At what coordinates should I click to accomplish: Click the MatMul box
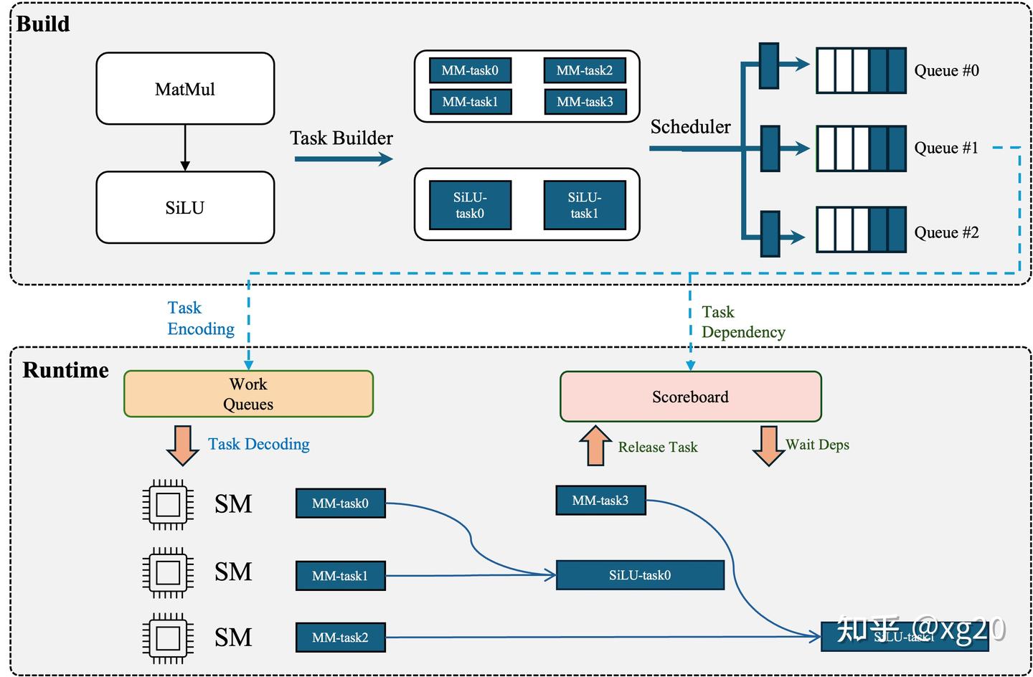click(185, 89)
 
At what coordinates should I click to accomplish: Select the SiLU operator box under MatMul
click(185, 208)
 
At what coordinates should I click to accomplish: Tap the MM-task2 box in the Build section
click(585, 70)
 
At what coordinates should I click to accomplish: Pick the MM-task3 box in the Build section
click(585, 102)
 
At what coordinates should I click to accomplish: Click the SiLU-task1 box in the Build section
click(585, 205)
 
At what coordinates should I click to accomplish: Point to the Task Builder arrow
click(343, 158)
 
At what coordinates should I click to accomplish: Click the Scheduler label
click(690, 127)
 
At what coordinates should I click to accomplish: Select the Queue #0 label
click(946, 70)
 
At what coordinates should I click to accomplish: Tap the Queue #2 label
click(946, 232)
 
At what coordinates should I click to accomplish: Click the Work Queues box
click(248, 394)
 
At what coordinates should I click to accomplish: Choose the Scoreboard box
click(690, 397)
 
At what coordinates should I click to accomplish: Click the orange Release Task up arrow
click(595, 445)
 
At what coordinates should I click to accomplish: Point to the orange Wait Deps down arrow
click(768, 445)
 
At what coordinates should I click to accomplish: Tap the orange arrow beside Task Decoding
click(182, 445)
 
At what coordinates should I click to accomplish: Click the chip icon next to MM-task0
click(168, 504)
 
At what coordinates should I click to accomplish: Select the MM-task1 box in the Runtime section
click(340, 576)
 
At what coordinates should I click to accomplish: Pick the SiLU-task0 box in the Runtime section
click(640, 575)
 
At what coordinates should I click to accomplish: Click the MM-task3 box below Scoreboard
click(600, 501)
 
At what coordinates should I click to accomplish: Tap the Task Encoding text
click(200, 318)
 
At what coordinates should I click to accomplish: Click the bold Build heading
click(43, 24)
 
